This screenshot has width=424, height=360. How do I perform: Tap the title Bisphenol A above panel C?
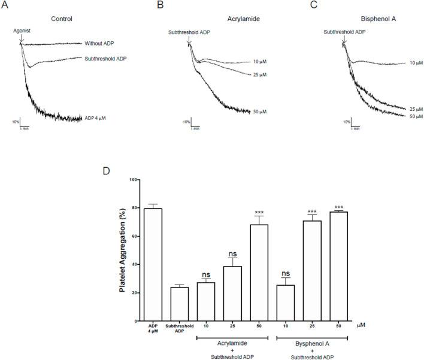[x=366, y=19]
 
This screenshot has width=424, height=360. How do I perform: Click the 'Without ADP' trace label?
[x=101, y=43]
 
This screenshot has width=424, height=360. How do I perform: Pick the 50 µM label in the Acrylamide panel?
[x=259, y=111]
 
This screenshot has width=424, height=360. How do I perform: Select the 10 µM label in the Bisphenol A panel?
[x=414, y=63]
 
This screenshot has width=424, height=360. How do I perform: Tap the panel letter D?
[x=107, y=170]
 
